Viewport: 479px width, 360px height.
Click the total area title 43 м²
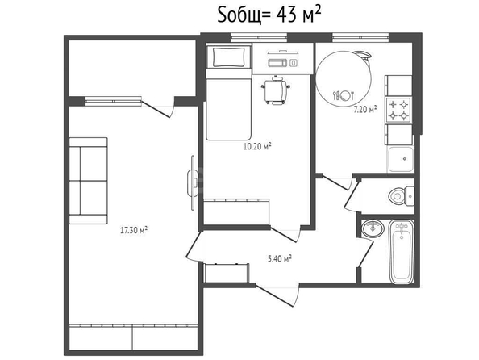click(x=269, y=15)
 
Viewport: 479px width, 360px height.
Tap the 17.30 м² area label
click(x=134, y=230)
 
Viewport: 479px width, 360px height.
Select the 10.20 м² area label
click(x=257, y=147)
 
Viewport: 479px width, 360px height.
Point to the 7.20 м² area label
click(x=365, y=110)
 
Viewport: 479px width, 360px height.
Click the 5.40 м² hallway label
click(x=280, y=259)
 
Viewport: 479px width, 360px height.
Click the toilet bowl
click(x=402, y=196)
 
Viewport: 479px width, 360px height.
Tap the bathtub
click(x=402, y=252)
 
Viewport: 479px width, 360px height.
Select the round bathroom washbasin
click(x=373, y=228)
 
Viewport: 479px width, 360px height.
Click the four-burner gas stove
click(x=398, y=110)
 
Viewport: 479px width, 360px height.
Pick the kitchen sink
click(x=401, y=159)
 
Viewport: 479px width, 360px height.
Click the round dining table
click(x=344, y=78)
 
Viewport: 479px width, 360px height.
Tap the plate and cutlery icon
click(x=344, y=96)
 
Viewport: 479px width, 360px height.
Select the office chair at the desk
click(x=276, y=90)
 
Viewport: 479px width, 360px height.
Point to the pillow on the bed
click(x=229, y=57)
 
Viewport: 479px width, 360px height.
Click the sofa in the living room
click(x=88, y=181)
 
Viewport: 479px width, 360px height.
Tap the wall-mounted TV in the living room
click(x=193, y=183)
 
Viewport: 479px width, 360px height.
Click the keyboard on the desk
click(x=277, y=63)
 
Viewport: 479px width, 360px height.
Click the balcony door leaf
click(x=156, y=109)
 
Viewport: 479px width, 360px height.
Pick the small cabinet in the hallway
click(x=226, y=273)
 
